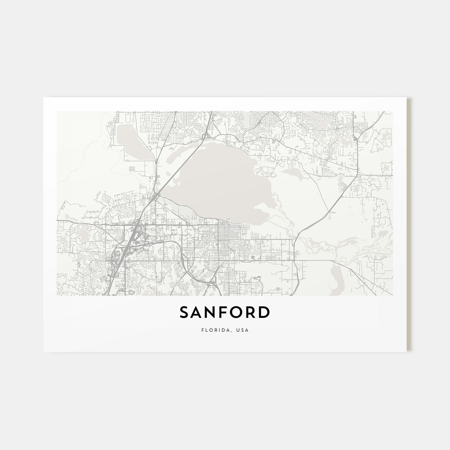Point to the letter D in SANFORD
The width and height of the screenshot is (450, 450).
coord(264,312)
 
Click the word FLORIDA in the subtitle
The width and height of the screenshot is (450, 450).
coord(212,330)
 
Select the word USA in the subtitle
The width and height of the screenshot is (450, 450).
coord(243,330)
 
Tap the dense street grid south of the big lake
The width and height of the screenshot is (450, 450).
coord(225,235)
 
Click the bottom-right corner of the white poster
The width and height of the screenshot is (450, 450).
coord(406,351)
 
